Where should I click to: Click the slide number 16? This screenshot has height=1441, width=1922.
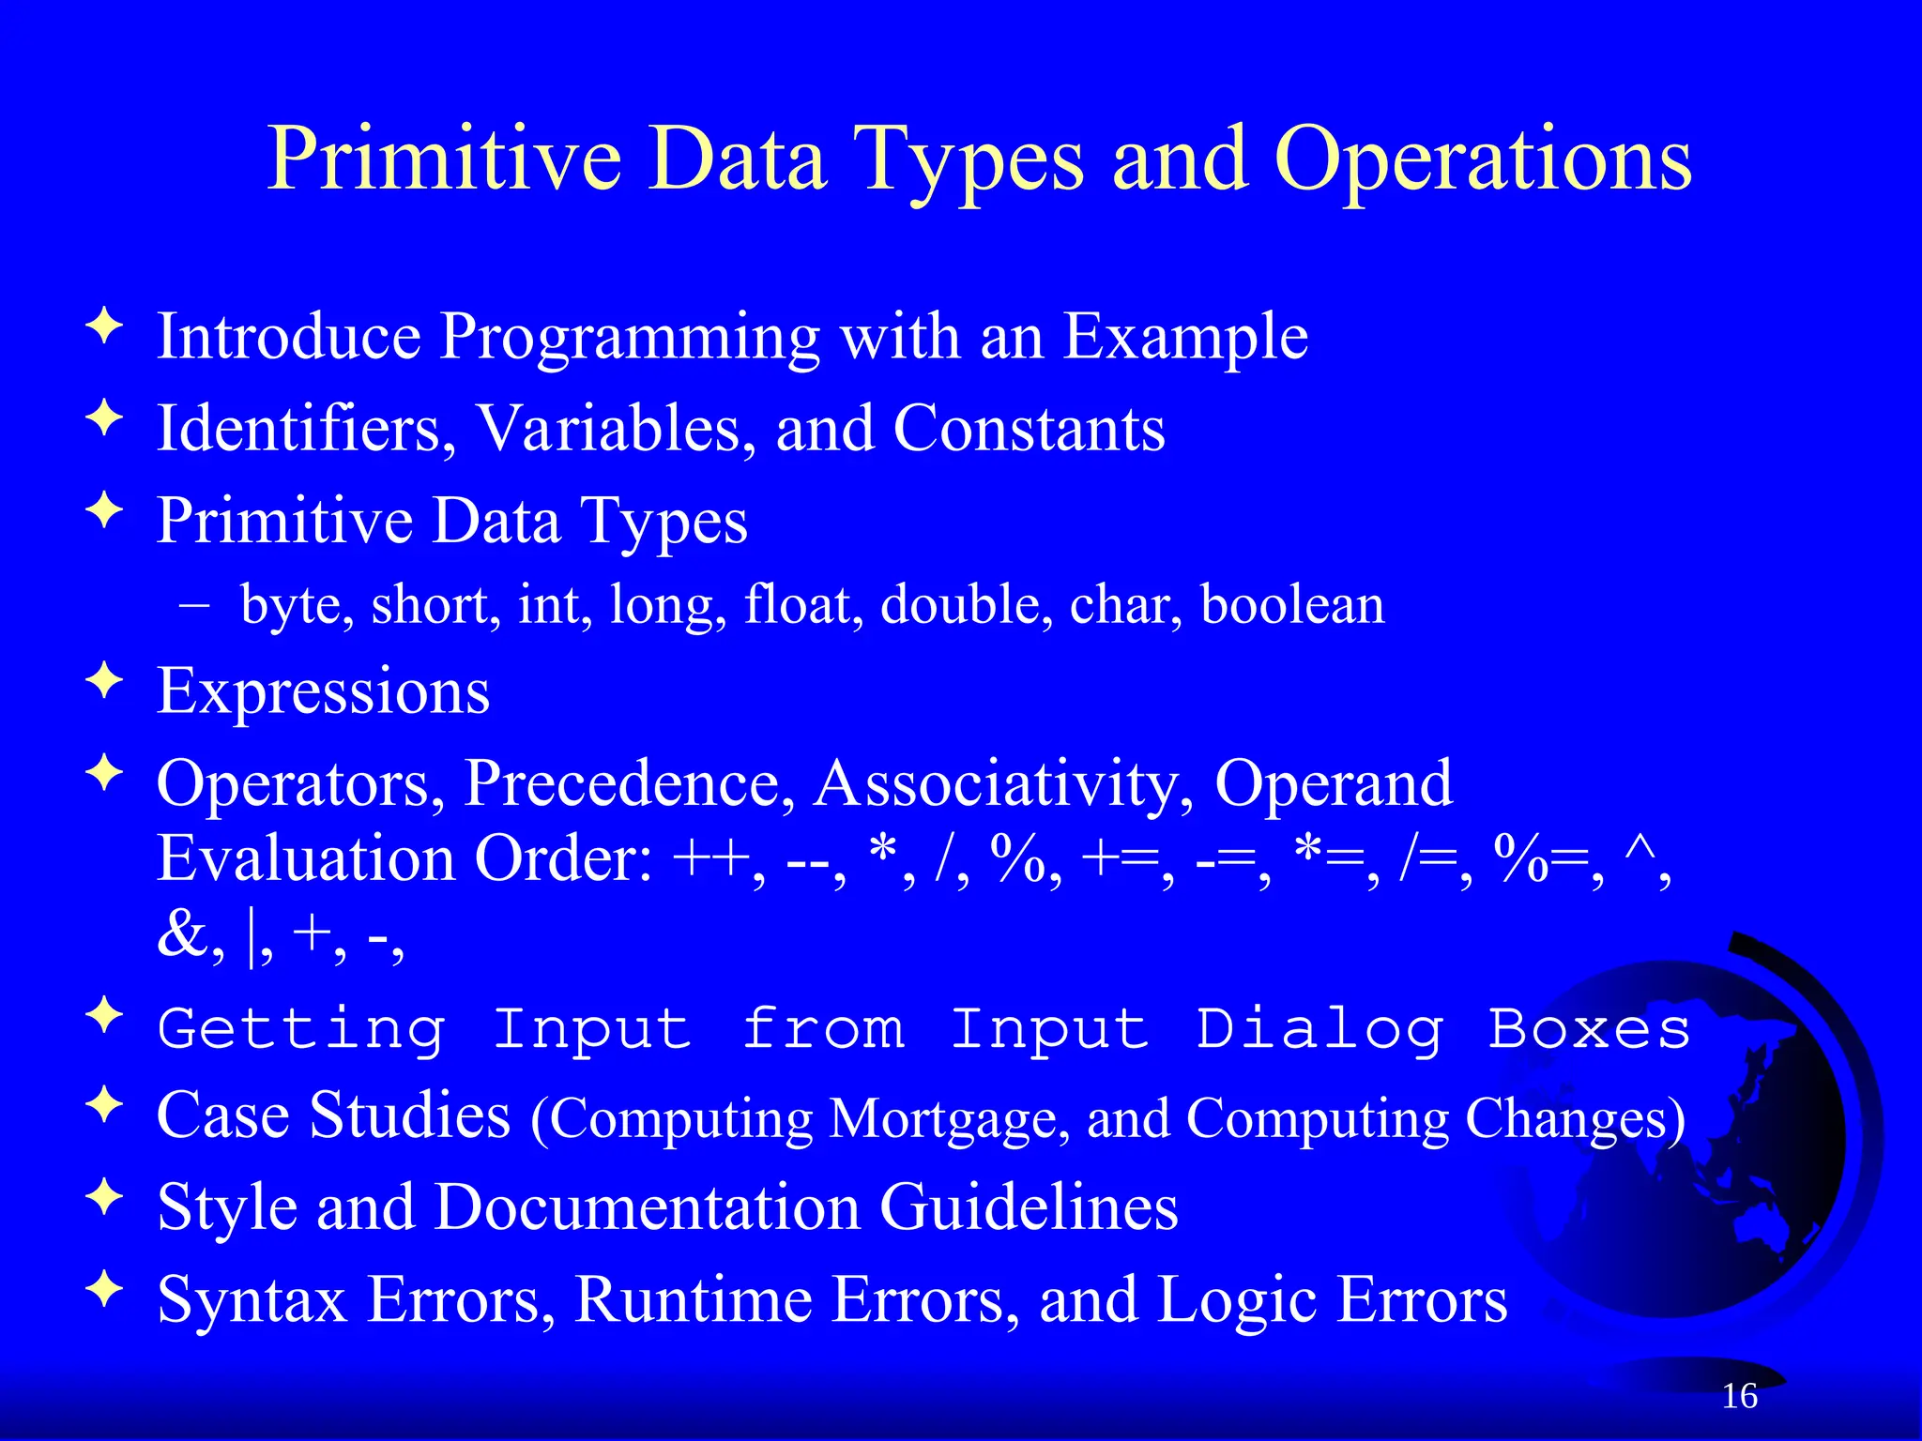click(1739, 1396)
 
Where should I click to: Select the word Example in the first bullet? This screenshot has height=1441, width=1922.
click(1185, 338)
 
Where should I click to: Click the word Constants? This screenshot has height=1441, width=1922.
click(1029, 429)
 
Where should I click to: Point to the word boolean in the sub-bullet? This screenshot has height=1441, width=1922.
click(1292, 604)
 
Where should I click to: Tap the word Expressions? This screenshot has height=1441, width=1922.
click(323, 691)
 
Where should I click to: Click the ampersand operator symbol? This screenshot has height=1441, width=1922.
click(182, 934)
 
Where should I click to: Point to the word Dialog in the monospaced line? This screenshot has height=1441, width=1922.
click(1319, 1030)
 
